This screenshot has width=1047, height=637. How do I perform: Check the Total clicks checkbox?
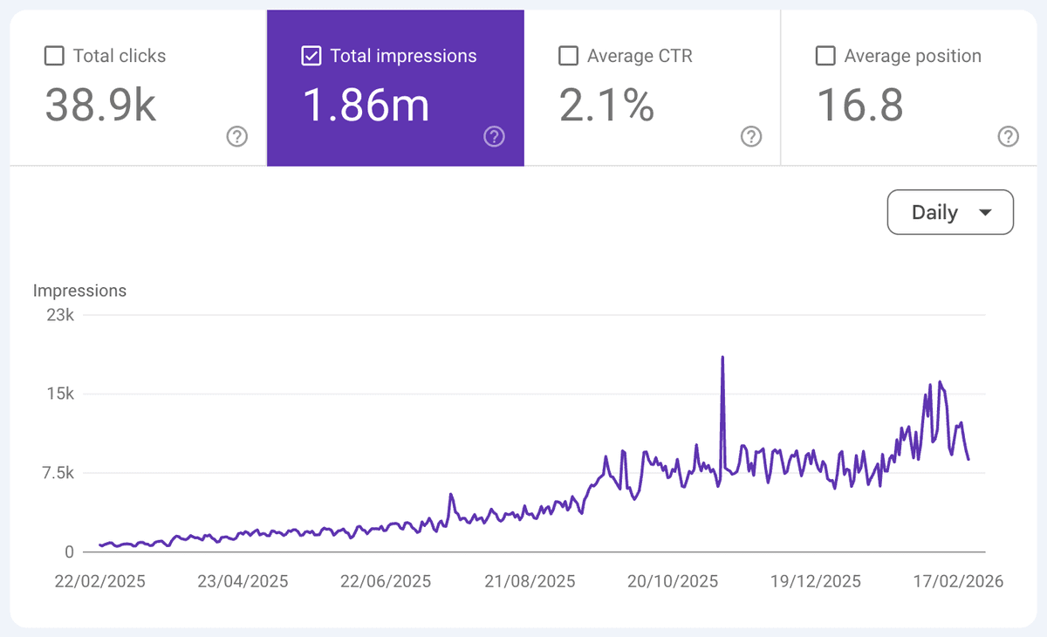(x=54, y=57)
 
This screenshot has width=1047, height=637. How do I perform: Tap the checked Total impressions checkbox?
(x=311, y=57)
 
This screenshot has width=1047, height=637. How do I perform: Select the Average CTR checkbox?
(x=568, y=57)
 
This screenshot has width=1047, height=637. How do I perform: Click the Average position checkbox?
(x=825, y=57)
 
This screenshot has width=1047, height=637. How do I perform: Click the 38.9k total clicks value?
(x=100, y=106)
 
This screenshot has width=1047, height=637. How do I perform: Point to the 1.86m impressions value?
(x=366, y=106)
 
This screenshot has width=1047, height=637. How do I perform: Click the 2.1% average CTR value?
(x=606, y=106)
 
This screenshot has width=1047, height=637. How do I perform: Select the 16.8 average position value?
(x=859, y=106)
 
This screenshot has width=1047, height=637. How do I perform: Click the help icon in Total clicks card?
(x=237, y=136)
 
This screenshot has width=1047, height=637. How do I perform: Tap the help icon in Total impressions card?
(x=495, y=136)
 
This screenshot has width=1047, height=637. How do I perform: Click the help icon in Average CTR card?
(x=751, y=136)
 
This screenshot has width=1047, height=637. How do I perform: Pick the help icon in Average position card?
(x=1008, y=136)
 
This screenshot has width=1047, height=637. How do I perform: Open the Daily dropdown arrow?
(x=985, y=213)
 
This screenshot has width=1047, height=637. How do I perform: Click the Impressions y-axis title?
(x=79, y=291)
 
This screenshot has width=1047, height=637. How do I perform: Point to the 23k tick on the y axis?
(x=60, y=315)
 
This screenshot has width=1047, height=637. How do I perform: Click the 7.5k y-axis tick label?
(x=57, y=473)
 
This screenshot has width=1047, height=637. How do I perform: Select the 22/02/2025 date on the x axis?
(x=100, y=581)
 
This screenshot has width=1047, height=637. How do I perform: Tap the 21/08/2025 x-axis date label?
(x=530, y=581)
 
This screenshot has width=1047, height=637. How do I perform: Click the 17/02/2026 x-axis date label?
(x=958, y=581)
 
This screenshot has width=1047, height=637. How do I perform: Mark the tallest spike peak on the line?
(x=722, y=357)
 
